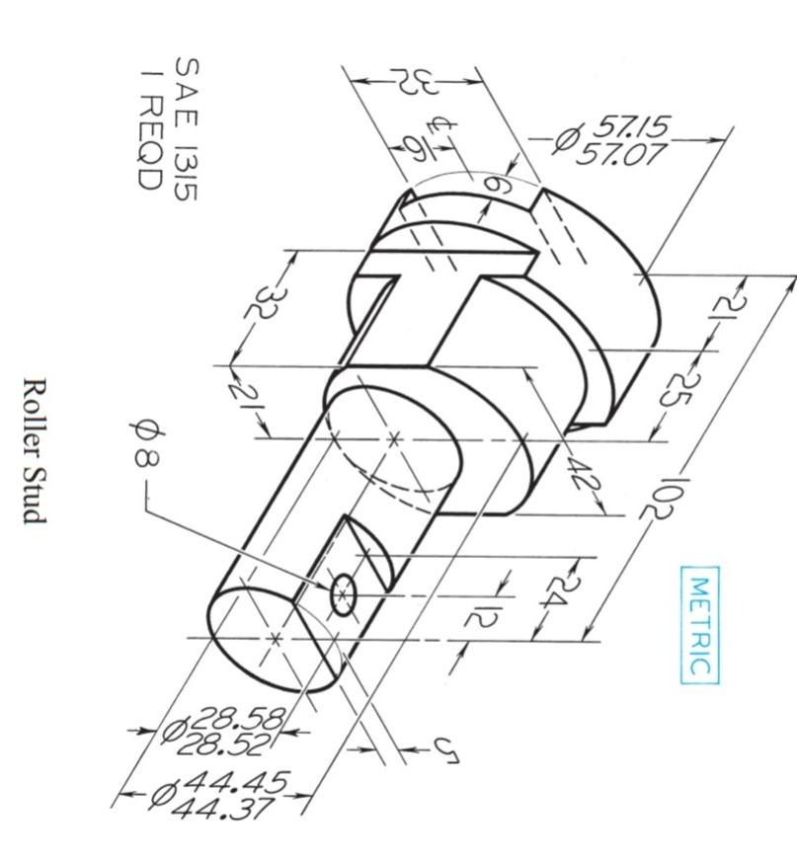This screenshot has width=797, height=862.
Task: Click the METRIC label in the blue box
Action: pos(700,625)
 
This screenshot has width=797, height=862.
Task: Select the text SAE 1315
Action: pos(185,128)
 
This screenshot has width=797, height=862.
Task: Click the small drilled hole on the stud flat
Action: pos(342,595)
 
